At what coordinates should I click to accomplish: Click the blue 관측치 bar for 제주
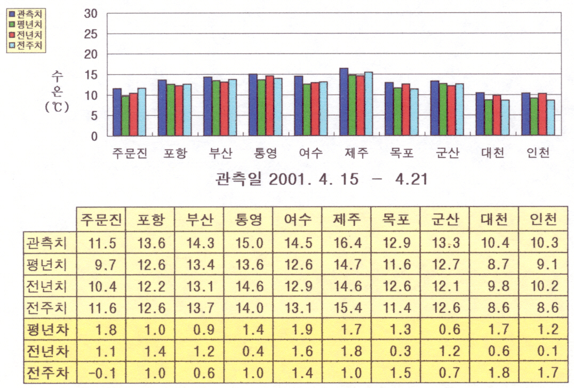pos(344,102)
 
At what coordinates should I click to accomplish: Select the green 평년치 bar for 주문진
pos(125,116)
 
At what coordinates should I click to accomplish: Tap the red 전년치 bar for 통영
pos(269,106)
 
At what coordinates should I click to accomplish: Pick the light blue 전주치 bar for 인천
pos(551,117)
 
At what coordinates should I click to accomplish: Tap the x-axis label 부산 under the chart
pos(220,154)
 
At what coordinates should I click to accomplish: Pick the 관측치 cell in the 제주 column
pos(347,243)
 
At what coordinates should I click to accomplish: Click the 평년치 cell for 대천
pos(495,265)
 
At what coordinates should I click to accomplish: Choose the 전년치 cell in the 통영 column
pos(249,286)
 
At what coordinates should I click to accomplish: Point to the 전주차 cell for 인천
pos(544,372)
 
